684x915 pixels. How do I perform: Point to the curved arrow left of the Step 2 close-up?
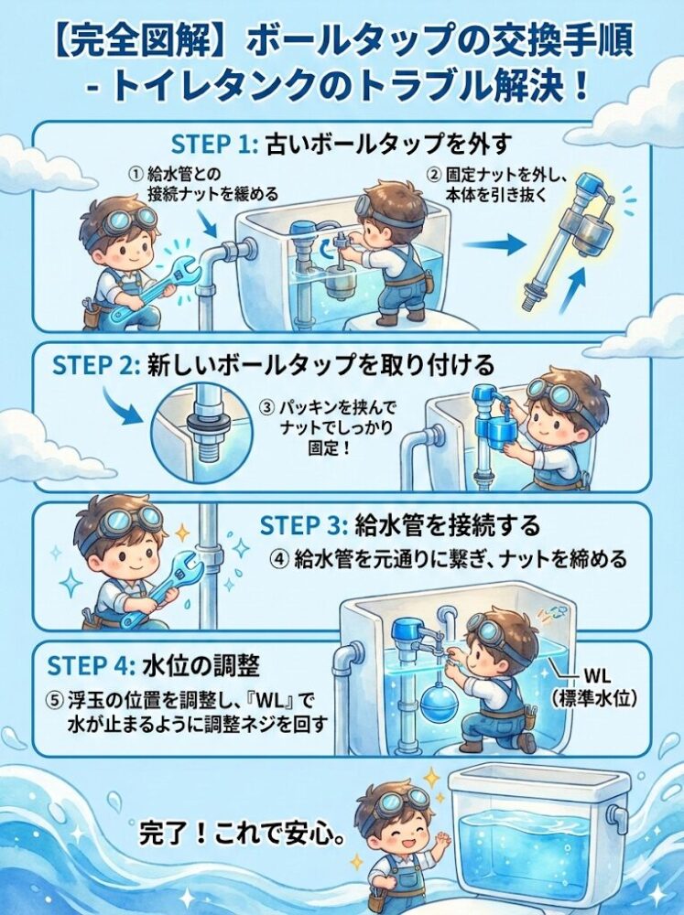click(x=124, y=403)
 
